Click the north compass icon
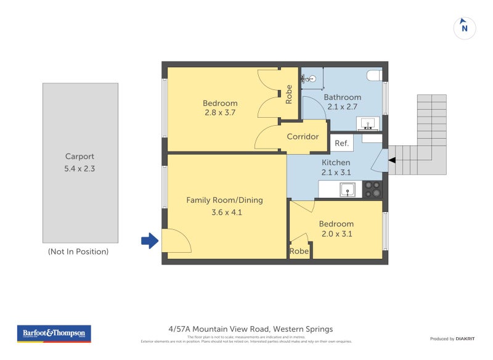(x=465, y=28)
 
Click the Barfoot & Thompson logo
(x=54, y=333)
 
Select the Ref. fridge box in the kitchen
(x=342, y=143)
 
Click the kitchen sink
(x=348, y=189)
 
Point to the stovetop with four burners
(x=372, y=189)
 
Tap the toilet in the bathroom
(x=374, y=75)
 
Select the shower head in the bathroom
(x=312, y=79)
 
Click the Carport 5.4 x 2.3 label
(x=80, y=162)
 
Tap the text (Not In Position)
(x=78, y=252)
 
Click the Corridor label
(x=303, y=136)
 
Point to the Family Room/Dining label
(x=224, y=200)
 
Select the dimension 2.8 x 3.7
(x=220, y=113)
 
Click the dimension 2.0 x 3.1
(x=337, y=234)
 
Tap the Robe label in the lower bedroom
(x=299, y=252)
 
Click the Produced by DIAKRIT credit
(x=451, y=338)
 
